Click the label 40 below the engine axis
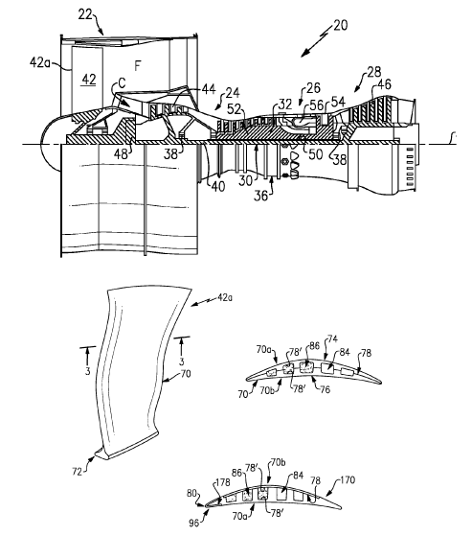[x=218, y=187]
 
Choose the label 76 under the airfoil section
[x=325, y=390]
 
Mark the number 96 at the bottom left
[x=193, y=524]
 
